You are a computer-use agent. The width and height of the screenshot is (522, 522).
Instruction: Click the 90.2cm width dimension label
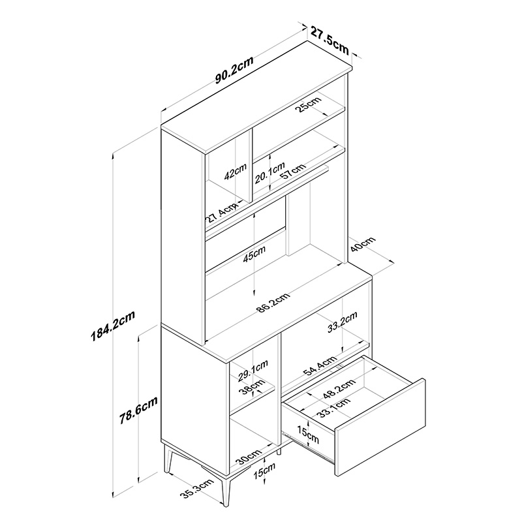coord(234,70)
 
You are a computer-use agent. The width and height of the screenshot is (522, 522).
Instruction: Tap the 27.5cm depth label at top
coord(330,40)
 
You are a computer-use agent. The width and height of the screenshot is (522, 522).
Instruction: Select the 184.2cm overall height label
coord(113,326)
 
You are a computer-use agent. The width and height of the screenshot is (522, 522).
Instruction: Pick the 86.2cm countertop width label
coord(273,303)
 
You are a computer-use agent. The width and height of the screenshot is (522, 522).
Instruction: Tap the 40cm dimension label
coord(363,244)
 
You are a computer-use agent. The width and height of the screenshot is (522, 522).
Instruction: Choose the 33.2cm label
coord(342,322)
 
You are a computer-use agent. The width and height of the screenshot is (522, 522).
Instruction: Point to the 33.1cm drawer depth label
coord(333,408)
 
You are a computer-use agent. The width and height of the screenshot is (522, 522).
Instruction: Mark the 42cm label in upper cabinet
coord(235,172)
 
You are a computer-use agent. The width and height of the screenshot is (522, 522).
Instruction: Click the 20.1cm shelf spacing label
coord(270,173)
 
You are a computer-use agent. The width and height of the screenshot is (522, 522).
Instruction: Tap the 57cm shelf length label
coord(292,171)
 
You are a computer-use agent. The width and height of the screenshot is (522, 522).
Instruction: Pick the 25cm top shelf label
coord(309,104)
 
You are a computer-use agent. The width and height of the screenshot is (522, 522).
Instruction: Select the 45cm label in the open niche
coord(254,254)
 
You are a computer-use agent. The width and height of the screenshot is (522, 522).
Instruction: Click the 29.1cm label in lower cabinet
coord(253,371)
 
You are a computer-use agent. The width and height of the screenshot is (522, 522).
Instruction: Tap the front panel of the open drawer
coord(380,427)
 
